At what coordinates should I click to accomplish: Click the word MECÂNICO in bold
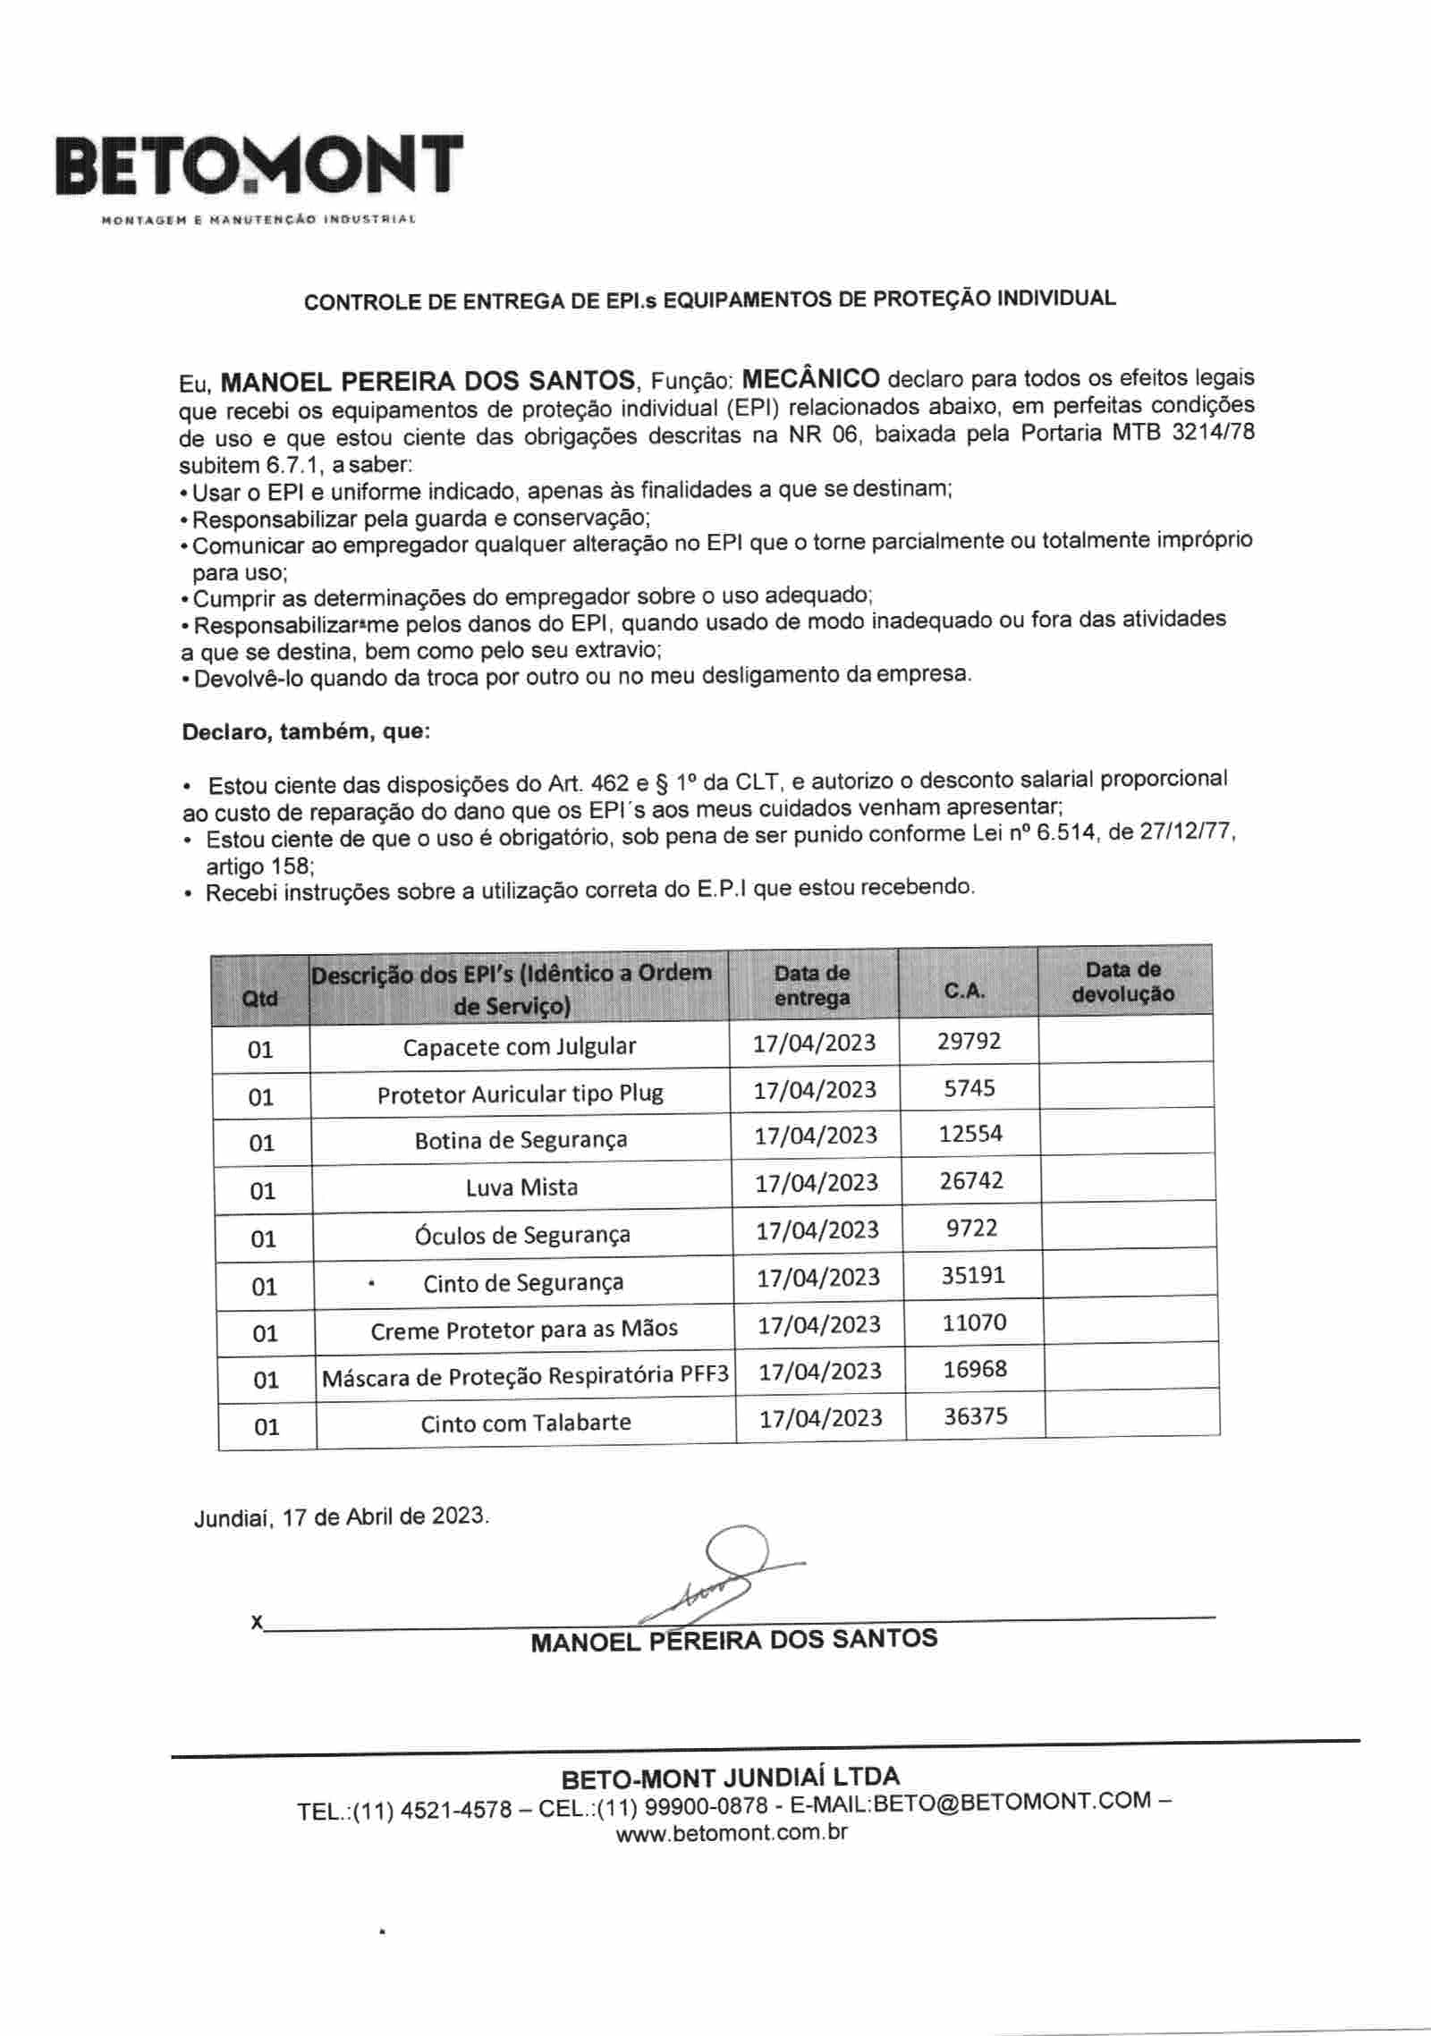[811, 378]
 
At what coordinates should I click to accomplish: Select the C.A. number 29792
[969, 1041]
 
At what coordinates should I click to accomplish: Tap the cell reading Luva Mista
[521, 1187]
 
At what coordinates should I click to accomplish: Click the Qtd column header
[260, 998]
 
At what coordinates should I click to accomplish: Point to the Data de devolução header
[1123, 982]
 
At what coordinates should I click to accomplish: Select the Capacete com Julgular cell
[519, 1047]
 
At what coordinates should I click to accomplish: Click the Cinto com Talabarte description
[526, 1423]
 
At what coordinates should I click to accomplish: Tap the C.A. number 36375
[975, 1416]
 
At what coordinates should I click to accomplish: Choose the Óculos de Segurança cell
[522, 1235]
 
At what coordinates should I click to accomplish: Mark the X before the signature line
[258, 1622]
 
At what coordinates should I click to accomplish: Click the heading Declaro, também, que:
[306, 732]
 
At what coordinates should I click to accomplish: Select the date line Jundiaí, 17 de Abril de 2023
[342, 1517]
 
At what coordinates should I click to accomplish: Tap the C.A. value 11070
[974, 1322]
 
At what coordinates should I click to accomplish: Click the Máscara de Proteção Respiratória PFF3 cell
[525, 1377]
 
